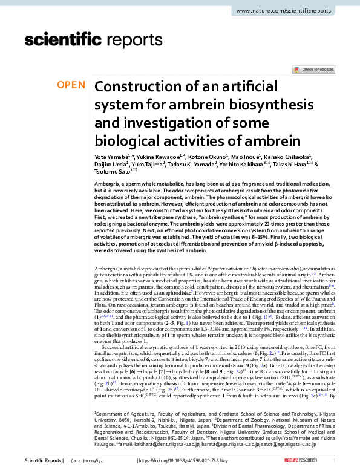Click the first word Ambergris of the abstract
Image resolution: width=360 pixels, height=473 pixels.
106,183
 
